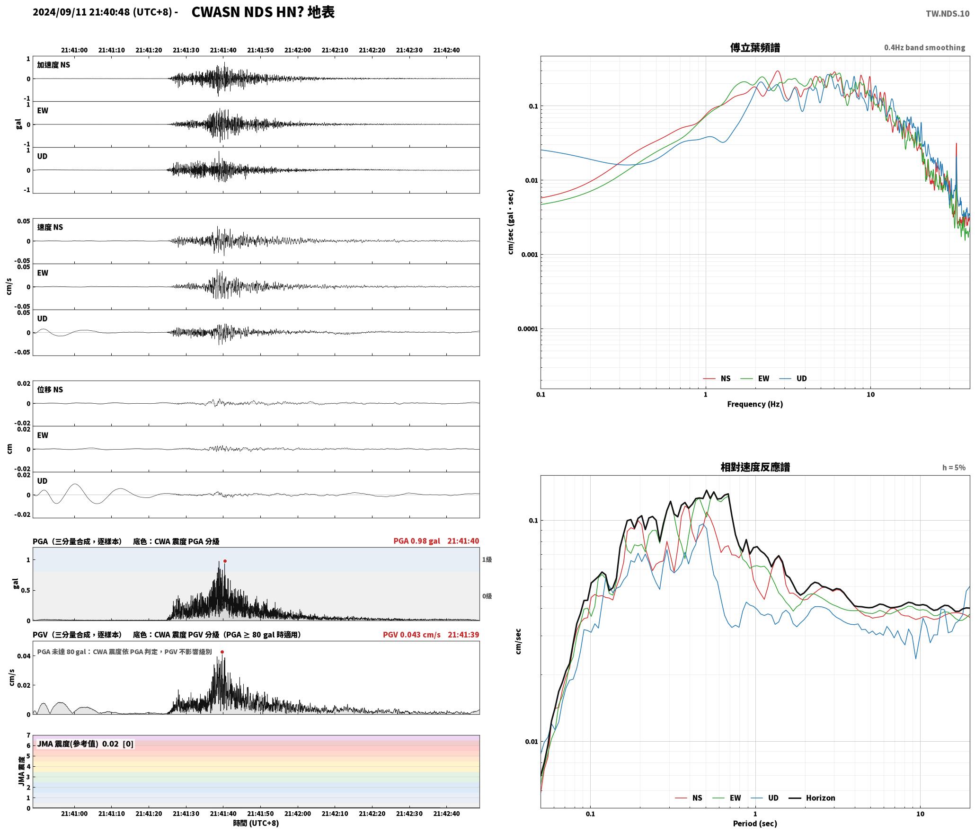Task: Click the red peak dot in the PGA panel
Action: coord(225,561)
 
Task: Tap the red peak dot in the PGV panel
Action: coord(222,652)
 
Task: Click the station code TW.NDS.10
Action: coord(948,14)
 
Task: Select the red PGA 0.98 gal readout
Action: coord(417,541)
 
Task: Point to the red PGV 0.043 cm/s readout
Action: coord(411,635)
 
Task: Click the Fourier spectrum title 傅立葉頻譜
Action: coord(755,47)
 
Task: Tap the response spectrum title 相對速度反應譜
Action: coord(755,467)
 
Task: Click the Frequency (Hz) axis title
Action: coord(755,404)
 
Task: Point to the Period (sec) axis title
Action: coord(755,824)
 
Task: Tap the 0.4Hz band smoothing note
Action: coord(924,47)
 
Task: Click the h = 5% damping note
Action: coord(954,468)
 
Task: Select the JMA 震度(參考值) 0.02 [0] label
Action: coord(85,744)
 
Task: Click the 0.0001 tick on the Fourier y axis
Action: coord(528,329)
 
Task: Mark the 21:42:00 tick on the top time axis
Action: coord(298,50)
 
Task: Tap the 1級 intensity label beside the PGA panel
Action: coord(487,559)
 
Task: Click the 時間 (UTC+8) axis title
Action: coord(256,823)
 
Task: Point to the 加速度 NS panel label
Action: coord(53,65)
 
